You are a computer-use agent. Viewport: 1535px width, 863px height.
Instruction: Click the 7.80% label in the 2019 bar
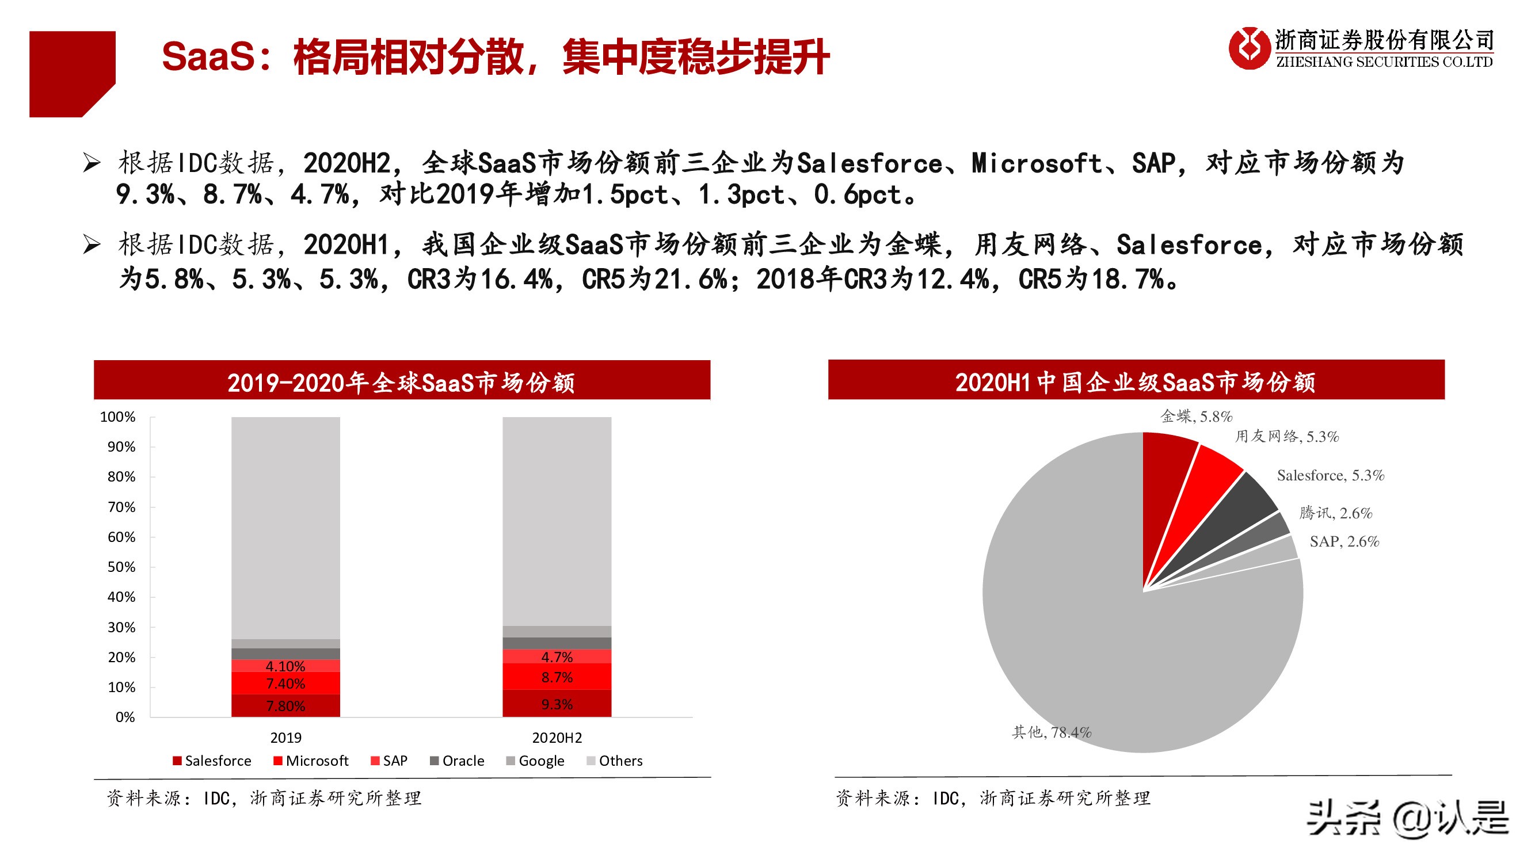point(285,706)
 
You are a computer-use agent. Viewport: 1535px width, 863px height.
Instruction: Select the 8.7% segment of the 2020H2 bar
point(557,677)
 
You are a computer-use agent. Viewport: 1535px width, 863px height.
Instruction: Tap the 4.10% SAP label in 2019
point(285,666)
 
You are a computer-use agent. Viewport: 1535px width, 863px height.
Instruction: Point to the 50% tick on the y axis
point(121,567)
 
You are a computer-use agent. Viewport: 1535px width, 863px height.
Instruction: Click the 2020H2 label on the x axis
point(557,738)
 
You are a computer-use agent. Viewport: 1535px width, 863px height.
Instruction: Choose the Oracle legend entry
point(457,761)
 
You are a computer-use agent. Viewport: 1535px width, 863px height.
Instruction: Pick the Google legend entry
point(535,761)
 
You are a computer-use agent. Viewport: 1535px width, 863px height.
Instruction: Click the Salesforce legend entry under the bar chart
point(212,761)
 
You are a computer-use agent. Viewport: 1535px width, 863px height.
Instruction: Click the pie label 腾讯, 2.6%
point(1335,513)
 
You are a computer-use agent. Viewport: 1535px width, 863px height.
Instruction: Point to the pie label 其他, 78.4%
point(1052,732)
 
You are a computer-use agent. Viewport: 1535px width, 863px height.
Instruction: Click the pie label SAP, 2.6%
point(1344,541)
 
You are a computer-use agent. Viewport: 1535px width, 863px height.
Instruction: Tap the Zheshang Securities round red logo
point(1249,48)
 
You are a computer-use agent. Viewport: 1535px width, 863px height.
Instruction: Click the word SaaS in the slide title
point(208,56)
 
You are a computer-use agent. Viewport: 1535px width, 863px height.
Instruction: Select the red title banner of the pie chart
point(1136,380)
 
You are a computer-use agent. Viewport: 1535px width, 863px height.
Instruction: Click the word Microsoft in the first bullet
point(1037,163)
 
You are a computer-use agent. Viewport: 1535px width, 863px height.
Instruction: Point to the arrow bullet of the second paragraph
point(92,244)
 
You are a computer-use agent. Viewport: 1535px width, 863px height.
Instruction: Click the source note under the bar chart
point(264,797)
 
